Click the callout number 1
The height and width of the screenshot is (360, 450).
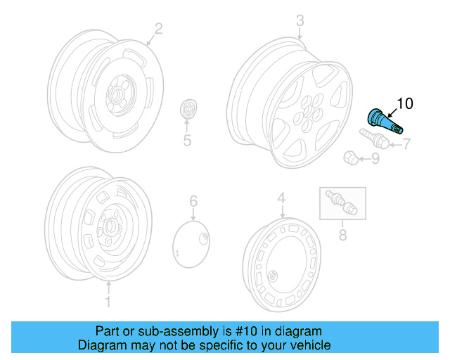click(108, 302)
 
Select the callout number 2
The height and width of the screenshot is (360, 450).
click(158, 29)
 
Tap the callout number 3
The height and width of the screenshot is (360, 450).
click(300, 20)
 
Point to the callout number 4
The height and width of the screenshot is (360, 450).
click(281, 199)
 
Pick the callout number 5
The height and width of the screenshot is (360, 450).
click(187, 141)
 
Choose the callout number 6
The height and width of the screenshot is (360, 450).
click(193, 202)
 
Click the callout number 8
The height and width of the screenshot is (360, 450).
click(343, 235)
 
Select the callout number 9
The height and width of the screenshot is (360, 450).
click(375, 159)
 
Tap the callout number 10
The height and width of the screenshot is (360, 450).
click(405, 104)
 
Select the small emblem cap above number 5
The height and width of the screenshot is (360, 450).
click(188, 110)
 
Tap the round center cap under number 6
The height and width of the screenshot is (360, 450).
click(192, 243)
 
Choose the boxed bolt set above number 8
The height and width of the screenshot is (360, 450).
click(342, 203)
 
